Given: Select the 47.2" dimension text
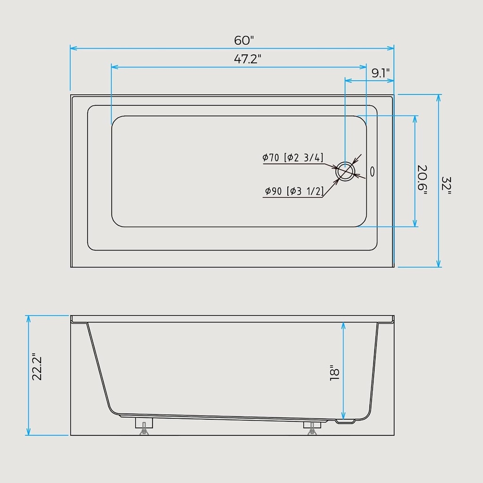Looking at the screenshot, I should (248, 59).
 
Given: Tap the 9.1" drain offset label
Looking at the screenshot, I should (380, 73).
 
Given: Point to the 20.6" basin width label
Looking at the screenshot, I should (422, 180).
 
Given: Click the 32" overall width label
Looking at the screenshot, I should (446, 183).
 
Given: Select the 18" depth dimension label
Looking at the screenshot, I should (335, 373).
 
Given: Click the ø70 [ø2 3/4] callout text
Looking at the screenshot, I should (293, 158).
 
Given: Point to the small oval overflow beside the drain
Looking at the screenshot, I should (372, 171).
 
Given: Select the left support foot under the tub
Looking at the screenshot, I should (144, 425).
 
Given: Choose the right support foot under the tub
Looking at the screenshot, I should (312, 426).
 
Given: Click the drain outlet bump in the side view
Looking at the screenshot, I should (345, 421).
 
